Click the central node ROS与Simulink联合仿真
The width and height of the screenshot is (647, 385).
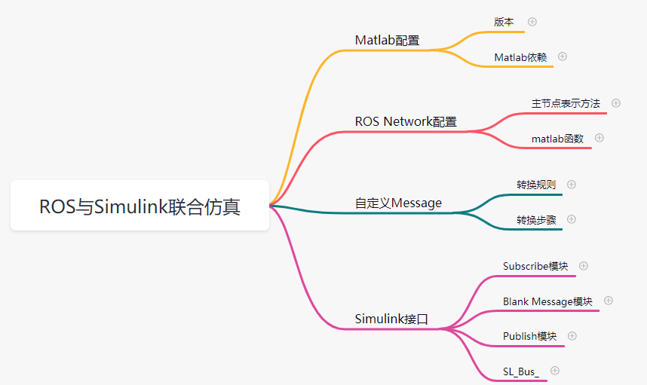pyautogui.click(x=140, y=206)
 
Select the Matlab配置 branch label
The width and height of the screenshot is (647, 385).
pyautogui.click(x=387, y=40)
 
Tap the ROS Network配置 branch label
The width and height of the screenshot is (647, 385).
pyautogui.click(x=406, y=121)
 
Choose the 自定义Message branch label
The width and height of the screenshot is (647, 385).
pyautogui.click(x=398, y=203)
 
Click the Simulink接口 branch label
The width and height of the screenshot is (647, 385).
pyautogui.click(x=391, y=319)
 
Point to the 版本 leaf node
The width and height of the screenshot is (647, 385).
pyautogui.click(x=504, y=22)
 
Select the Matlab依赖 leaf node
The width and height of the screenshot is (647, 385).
pyautogui.click(x=520, y=57)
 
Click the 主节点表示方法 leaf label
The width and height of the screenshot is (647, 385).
pyautogui.click(x=566, y=103)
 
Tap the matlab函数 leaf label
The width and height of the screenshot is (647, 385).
pyautogui.click(x=557, y=138)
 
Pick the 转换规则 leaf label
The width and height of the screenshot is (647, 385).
pyautogui.click(x=535, y=185)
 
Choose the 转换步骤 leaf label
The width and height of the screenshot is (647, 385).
pyautogui.click(x=535, y=219)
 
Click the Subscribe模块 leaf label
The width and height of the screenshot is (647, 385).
pyautogui.click(x=535, y=266)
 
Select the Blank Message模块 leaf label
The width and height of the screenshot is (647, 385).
pyautogui.click(x=547, y=301)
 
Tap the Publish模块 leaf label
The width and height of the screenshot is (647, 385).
pyautogui.click(x=529, y=336)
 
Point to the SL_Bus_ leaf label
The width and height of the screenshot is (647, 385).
pyautogui.click(x=521, y=371)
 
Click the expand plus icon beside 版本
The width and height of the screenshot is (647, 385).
pyautogui.click(x=532, y=22)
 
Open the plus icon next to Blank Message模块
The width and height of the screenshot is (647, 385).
pyautogui.click(x=609, y=301)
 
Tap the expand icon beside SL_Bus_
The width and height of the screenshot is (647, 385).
pyautogui.click(x=555, y=371)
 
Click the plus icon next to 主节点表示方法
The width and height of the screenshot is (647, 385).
pyautogui.click(x=616, y=103)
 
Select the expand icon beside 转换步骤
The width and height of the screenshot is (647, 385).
pyautogui.click(x=572, y=219)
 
